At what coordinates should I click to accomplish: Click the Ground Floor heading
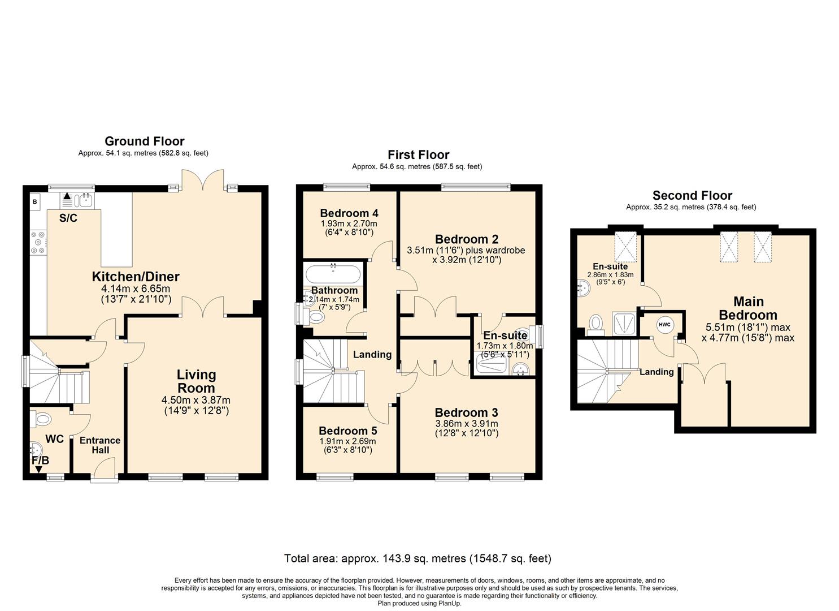point(144,141)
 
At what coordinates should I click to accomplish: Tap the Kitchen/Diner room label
point(136,277)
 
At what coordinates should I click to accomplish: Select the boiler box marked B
point(35,201)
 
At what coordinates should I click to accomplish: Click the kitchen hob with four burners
point(39,242)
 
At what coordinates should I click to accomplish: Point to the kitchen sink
point(86,199)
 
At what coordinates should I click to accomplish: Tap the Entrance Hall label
point(100,445)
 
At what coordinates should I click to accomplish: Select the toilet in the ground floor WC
point(42,419)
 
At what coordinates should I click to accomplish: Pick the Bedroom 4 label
point(349,213)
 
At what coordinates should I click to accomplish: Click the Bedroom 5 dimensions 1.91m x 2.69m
point(347,441)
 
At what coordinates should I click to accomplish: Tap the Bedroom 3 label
point(466,412)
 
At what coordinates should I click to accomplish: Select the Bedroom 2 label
point(466,239)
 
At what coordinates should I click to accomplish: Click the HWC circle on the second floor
point(664,325)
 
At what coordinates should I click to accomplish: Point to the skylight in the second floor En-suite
point(625,247)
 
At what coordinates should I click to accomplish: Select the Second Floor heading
point(692,196)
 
